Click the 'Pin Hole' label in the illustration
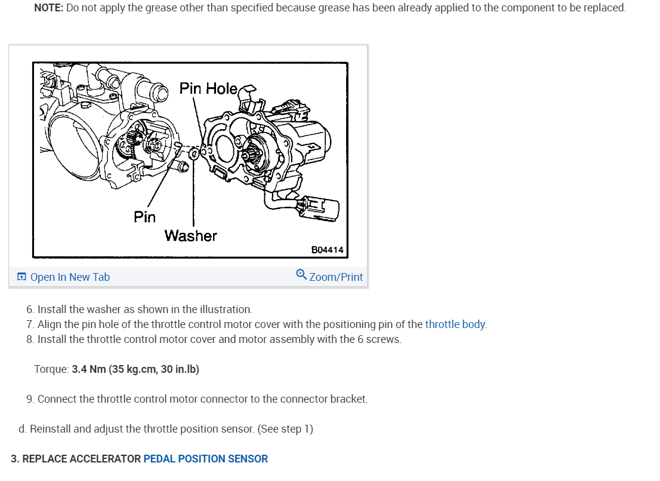[208, 88]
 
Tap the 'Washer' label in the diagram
[191, 235]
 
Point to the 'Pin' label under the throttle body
[144, 216]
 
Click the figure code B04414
[328, 250]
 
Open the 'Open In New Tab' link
[70, 277]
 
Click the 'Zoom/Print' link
[336, 277]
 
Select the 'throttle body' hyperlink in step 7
[455, 324]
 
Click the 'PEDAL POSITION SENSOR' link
[206, 459]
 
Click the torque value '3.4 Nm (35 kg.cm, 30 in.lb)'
[135, 369]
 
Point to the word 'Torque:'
[51, 369]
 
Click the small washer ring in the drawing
[195, 155]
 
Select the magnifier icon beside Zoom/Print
[301, 275]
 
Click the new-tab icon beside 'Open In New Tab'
[22, 277]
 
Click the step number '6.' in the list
[30, 310]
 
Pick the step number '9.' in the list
[30, 399]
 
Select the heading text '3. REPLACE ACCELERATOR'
[76, 459]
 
